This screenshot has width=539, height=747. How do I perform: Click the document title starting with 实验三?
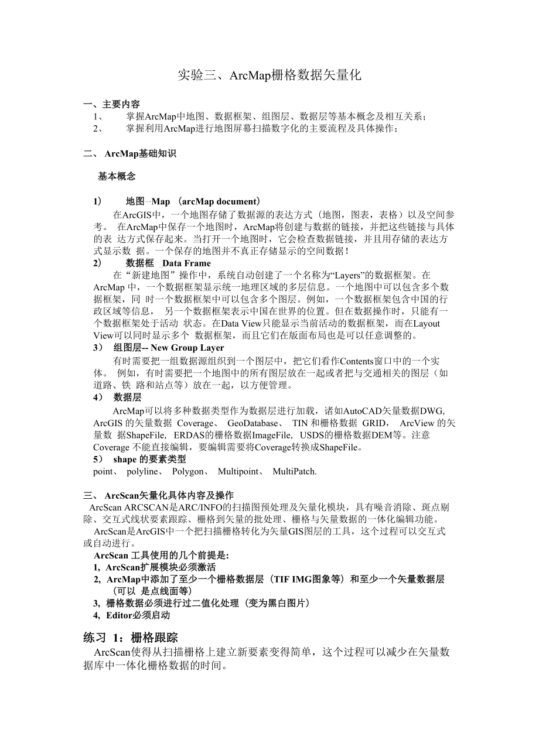[269, 75]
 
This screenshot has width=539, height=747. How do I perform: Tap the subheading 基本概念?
[117, 176]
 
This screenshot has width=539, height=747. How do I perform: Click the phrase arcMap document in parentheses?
[220, 201]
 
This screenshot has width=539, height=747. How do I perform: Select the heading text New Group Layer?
[179, 347]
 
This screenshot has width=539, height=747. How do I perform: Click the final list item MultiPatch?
[294, 471]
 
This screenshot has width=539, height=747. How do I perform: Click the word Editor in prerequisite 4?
[120, 615]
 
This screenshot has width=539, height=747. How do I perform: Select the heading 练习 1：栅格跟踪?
[131, 637]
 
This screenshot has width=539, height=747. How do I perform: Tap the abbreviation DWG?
[433, 410]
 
